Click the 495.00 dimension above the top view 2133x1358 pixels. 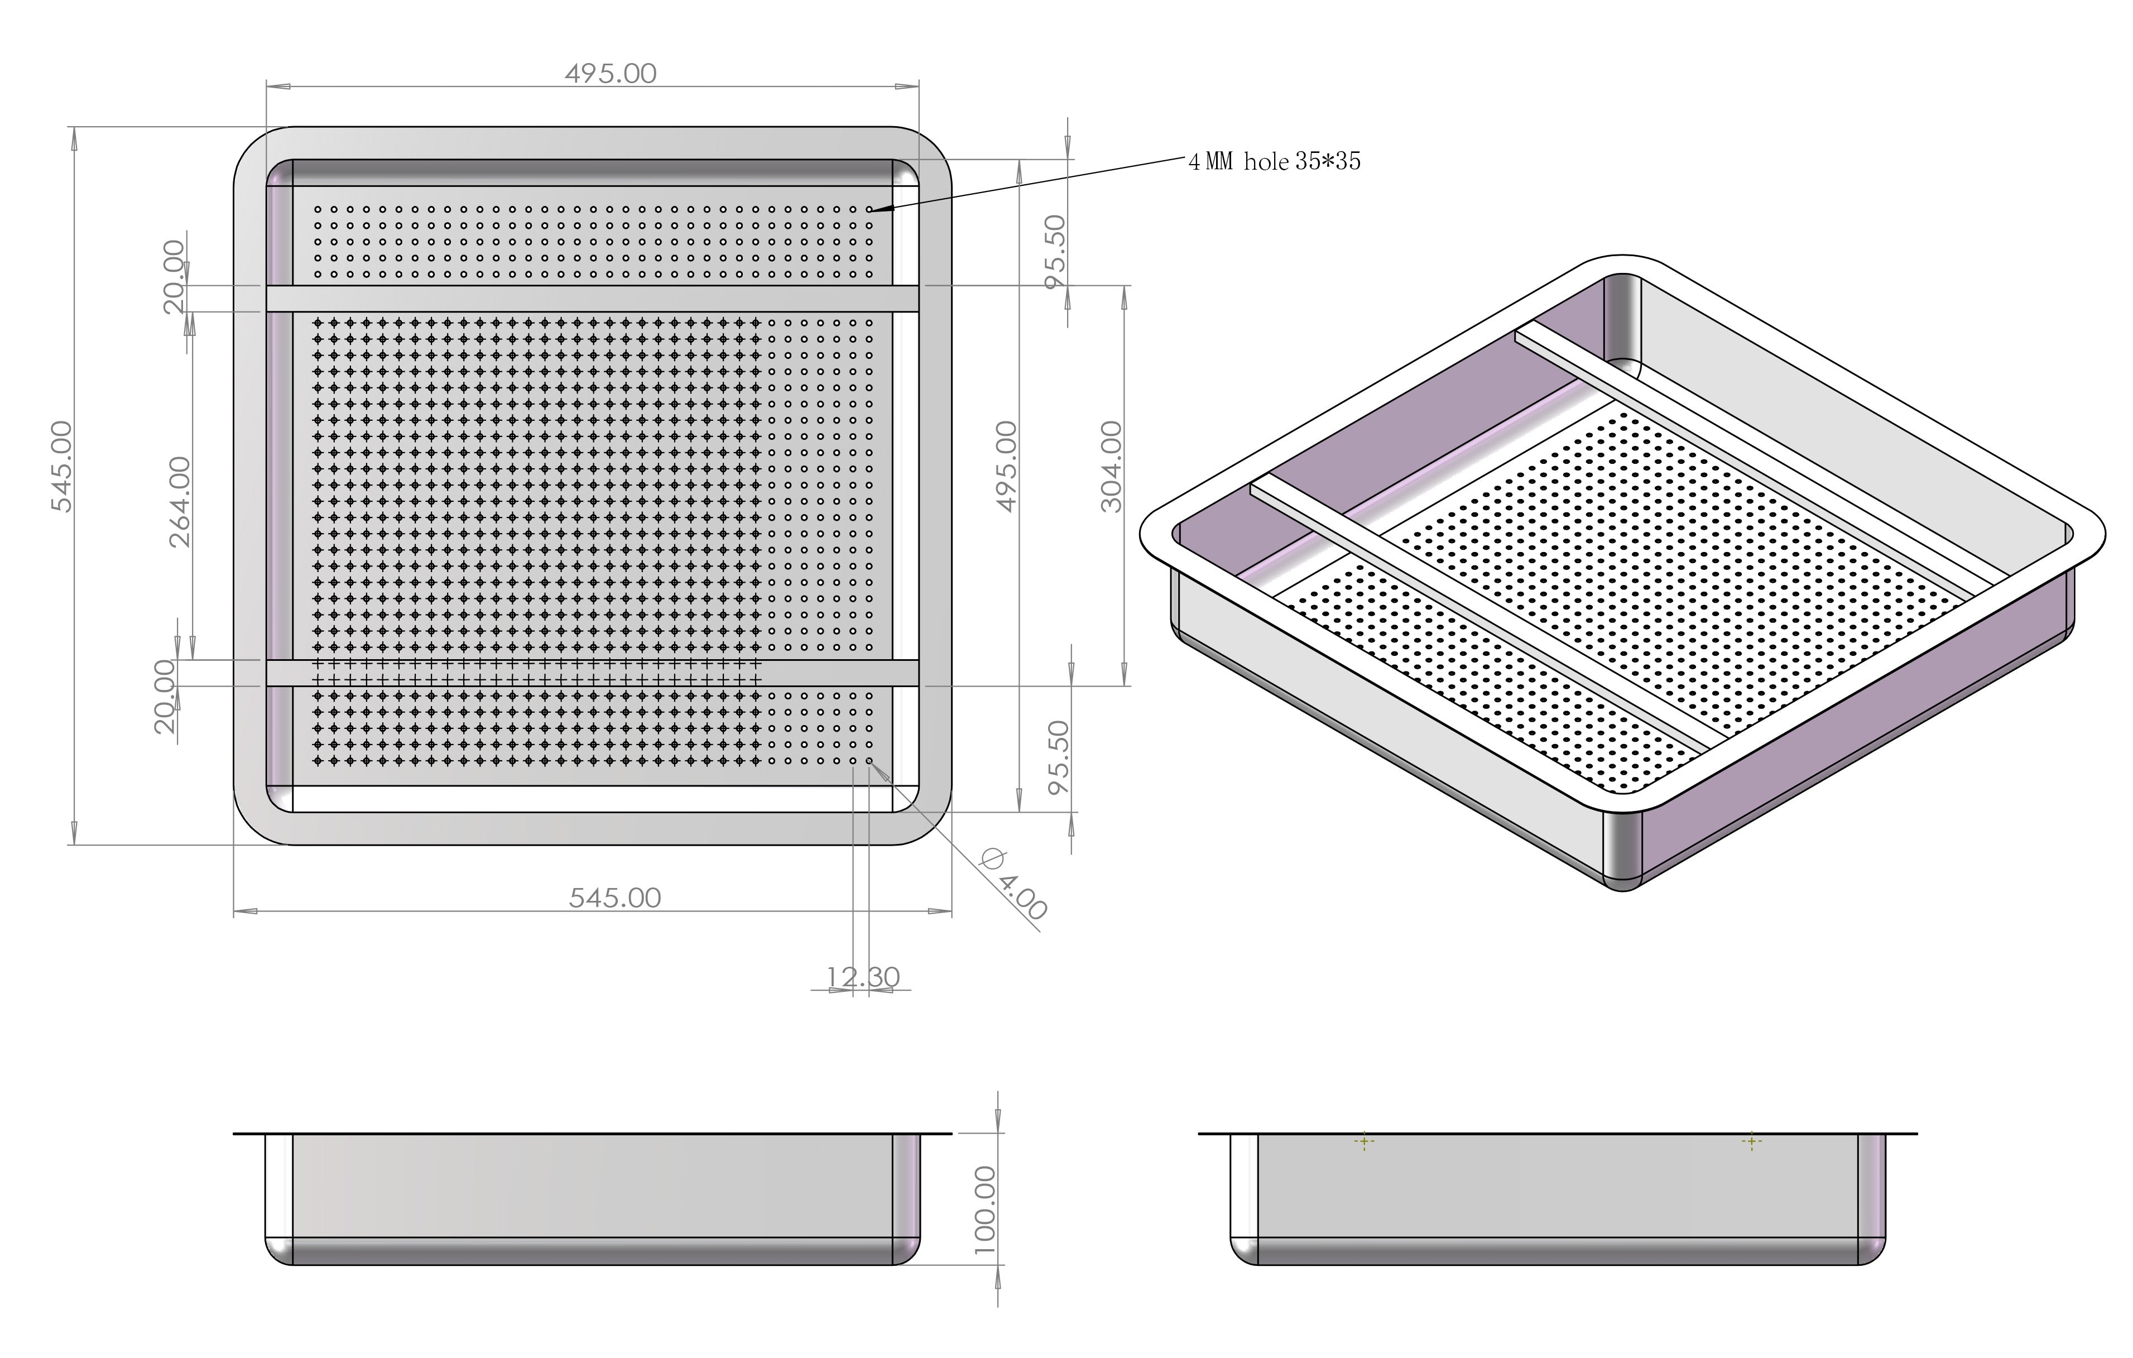click(x=611, y=74)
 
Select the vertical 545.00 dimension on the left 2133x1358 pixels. click(x=62, y=466)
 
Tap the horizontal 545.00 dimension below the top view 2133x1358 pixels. click(x=615, y=898)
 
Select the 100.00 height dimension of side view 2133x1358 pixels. click(x=985, y=1209)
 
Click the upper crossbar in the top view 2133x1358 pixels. click(x=592, y=299)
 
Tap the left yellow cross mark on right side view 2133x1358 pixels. click(x=1364, y=1142)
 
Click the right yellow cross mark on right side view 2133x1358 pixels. click(x=1751, y=1142)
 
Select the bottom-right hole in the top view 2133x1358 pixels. click(x=869, y=760)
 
